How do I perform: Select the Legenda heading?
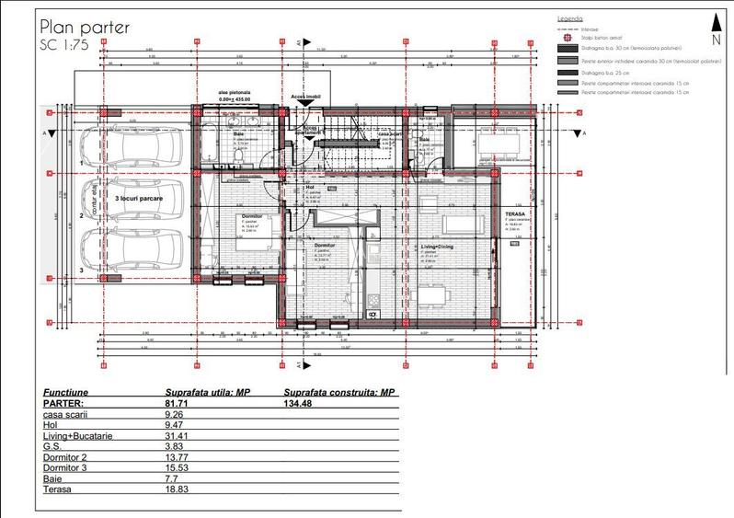[x=570, y=17]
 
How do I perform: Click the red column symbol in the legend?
[x=564, y=38]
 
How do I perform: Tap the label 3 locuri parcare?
[x=139, y=198]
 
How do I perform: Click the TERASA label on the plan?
[x=513, y=212]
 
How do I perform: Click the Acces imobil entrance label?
[x=306, y=95]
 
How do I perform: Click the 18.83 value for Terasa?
[x=177, y=489]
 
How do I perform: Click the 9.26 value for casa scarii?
[x=174, y=414]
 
